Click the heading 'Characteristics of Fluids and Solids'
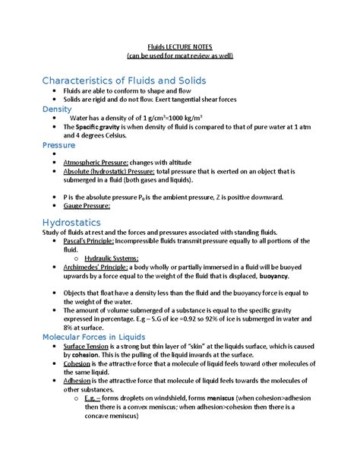click(124, 81)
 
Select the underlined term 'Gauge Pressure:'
click(87, 205)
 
